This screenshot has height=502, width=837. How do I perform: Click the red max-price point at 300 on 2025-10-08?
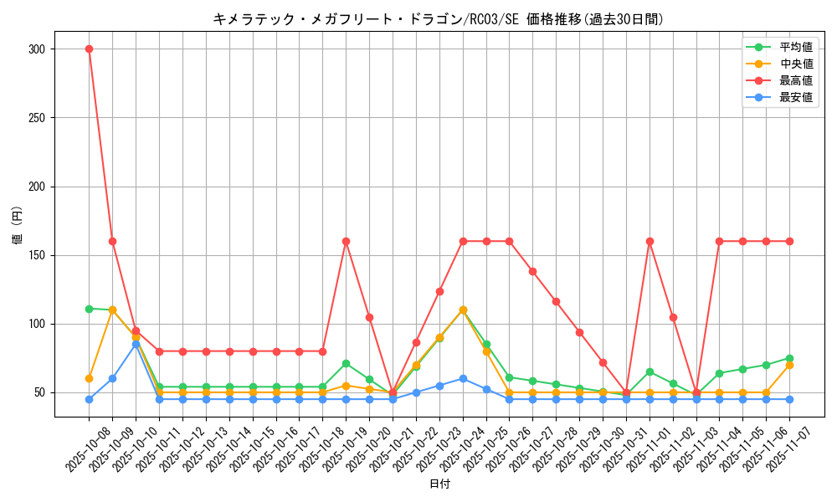[x=89, y=49]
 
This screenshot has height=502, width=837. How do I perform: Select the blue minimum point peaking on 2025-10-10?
[x=136, y=344]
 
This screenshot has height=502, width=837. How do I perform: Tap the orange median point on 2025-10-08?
[x=89, y=378]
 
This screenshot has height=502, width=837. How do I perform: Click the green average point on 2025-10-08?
[x=89, y=309]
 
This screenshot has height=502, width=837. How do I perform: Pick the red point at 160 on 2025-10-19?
[x=346, y=241]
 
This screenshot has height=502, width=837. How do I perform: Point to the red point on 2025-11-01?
[x=650, y=241]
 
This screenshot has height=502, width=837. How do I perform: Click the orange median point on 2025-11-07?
[x=789, y=365]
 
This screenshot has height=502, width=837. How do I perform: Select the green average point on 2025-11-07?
[x=789, y=358]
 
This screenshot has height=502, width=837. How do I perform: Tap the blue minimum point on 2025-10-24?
[x=463, y=378]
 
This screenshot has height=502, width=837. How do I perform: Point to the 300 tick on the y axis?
[x=35, y=49]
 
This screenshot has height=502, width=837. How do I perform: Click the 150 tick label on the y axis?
[x=35, y=255]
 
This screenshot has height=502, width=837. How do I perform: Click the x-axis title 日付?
[x=439, y=484]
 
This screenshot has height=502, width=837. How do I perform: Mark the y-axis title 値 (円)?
[x=17, y=226]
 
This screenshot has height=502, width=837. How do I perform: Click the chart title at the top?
[x=439, y=19]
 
